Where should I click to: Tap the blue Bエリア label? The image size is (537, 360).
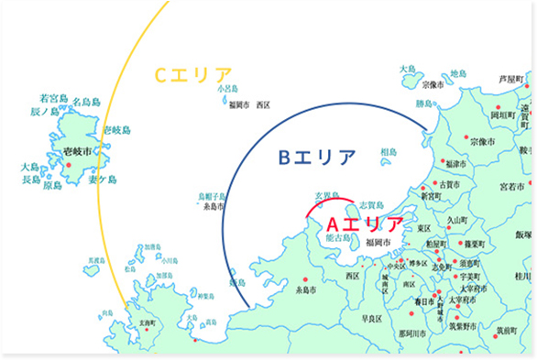317,158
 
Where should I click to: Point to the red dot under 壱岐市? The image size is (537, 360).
69,165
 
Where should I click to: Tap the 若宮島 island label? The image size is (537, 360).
54,97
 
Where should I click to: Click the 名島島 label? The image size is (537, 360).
86,102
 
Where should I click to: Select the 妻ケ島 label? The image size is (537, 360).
103,180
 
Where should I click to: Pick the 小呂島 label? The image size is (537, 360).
227,89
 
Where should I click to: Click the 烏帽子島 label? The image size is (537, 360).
212,197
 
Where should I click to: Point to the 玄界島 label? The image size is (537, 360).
327,195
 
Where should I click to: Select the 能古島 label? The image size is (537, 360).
337,237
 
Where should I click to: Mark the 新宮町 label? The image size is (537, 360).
431,195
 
